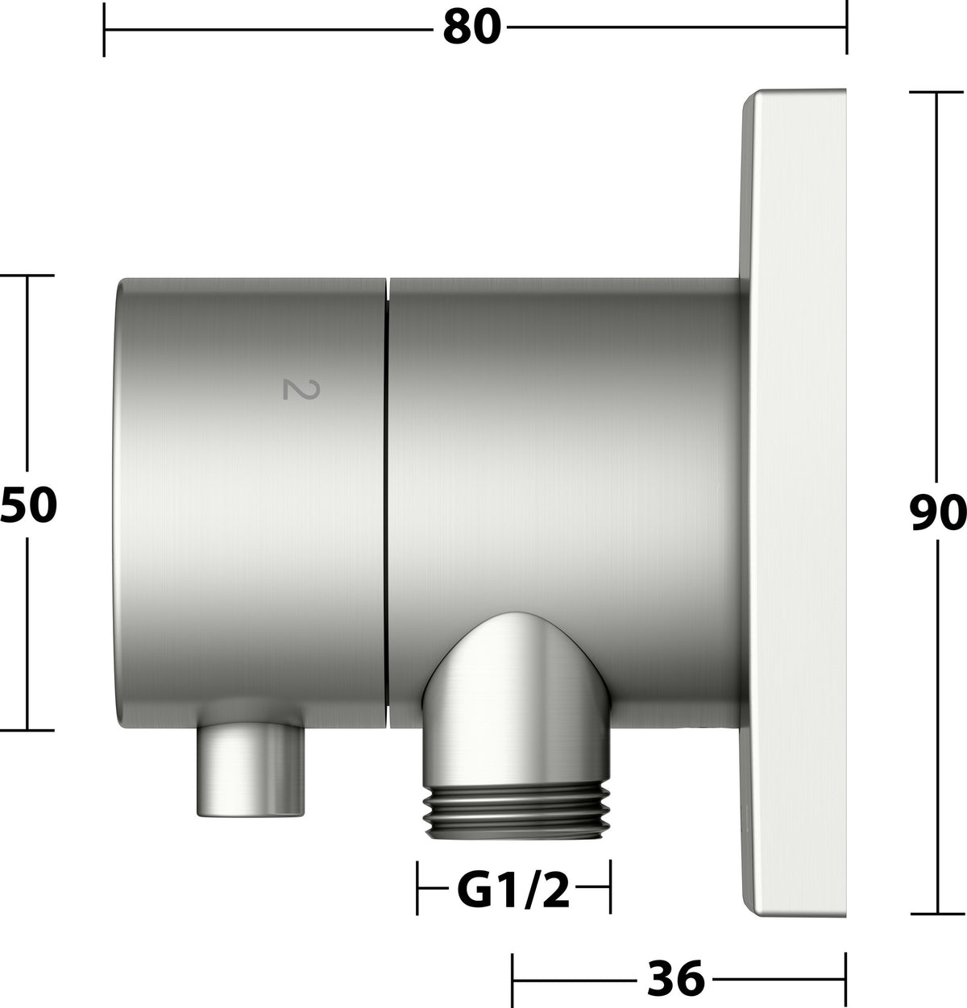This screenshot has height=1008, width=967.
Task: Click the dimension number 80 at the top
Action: [x=472, y=27]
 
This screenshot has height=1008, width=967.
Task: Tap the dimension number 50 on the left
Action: [x=28, y=504]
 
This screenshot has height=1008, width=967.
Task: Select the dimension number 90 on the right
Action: [x=937, y=512]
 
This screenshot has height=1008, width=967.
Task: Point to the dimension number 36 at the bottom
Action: [x=676, y=978]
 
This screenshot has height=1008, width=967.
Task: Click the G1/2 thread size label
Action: [x=513, y=890]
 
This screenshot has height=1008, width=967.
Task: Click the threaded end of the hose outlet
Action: [x=517, y=811]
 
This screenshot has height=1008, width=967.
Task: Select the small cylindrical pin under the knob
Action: [x=250, y=769]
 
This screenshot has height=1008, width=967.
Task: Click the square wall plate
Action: [x=795, y=503]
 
